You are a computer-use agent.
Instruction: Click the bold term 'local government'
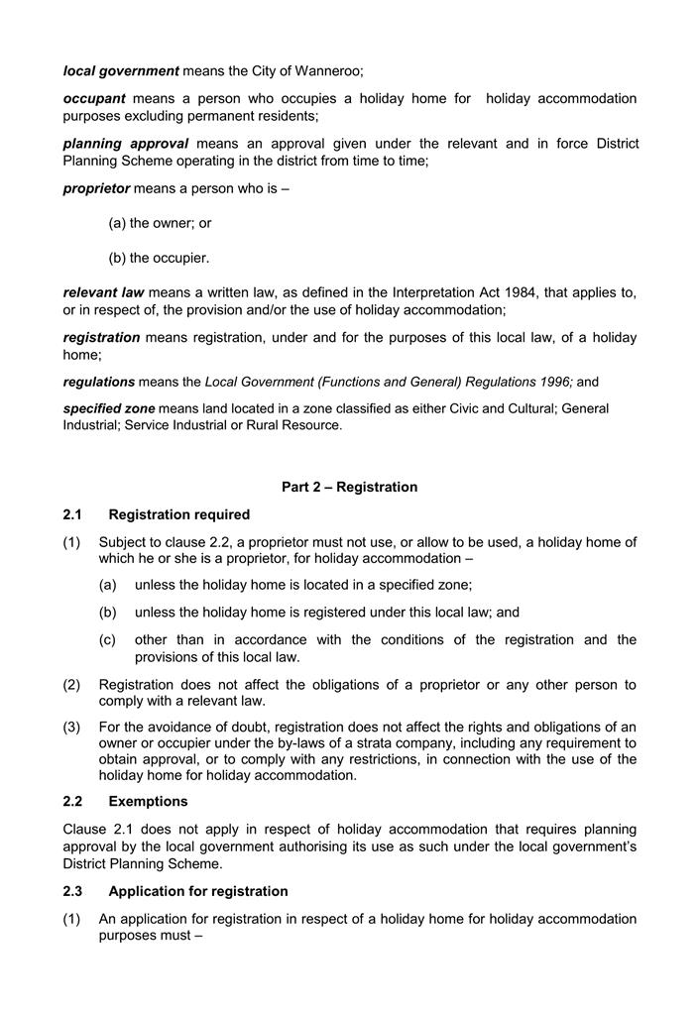[x=121, y=70]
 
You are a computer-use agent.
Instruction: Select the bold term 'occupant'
[x=94, y=98]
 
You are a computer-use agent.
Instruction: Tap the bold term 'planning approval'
[x=125, y=144]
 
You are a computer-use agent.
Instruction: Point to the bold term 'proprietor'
[x=96, y=188]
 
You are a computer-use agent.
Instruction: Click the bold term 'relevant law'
[x=103, y=292]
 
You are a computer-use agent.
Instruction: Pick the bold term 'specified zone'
[x=109, y=408]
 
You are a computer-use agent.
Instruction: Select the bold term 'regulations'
[x=99, y=382]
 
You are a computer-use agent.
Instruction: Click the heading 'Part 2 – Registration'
[x=349, y=487]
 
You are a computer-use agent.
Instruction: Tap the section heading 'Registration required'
[x=178, y=514]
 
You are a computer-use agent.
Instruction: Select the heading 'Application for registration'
[x=198, y=891]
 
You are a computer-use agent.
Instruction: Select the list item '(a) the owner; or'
[x=160, y=223]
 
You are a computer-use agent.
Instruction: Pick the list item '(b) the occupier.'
[x=159, y=258]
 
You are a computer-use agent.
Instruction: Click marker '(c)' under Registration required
[x=108, y=639]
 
